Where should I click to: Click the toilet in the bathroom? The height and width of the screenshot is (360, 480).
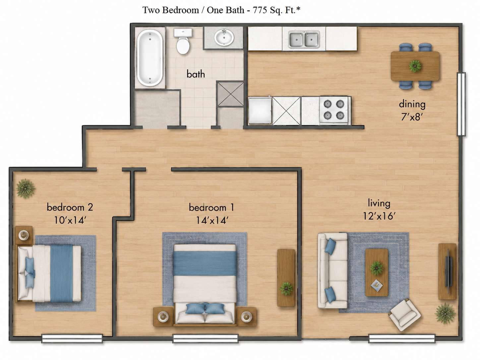click(183, 41)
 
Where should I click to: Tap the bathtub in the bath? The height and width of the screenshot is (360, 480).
click(150, 58)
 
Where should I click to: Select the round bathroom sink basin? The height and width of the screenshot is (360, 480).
click(224, 37)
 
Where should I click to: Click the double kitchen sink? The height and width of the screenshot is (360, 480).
click(304, 39)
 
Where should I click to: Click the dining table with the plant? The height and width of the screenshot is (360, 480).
click(415, 66)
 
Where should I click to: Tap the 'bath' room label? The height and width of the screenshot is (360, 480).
click(196, 74)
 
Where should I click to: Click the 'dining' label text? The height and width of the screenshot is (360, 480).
click(412, 104)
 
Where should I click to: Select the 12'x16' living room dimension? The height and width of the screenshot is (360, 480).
click(379, 216)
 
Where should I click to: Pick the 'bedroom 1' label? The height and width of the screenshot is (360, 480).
click(211, 208)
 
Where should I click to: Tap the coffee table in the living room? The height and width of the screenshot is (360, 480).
click(377, 272)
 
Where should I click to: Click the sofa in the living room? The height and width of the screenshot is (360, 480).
click(332, 270)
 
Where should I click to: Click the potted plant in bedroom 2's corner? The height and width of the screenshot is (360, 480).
click(26, 188)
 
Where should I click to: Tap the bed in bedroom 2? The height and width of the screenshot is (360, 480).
click(49, 273)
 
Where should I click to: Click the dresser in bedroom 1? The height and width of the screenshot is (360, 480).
click(286, 278)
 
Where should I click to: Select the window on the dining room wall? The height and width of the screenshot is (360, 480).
click(461, 104)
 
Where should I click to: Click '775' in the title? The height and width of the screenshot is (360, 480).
click(260, 10)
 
